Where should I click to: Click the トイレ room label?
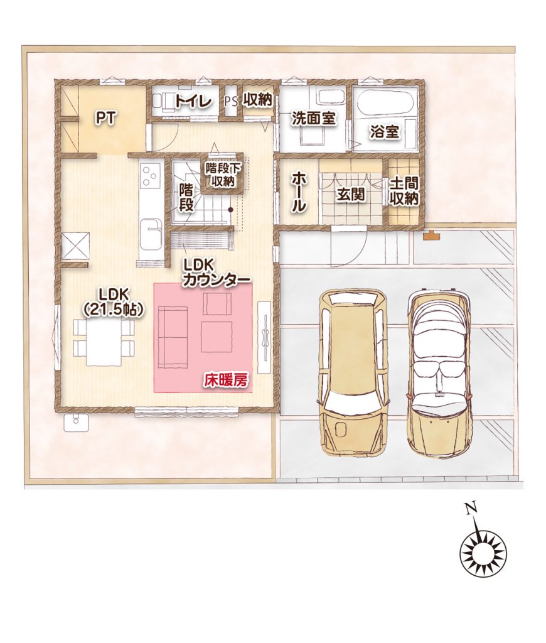point(193,102)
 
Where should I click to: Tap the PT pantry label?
point(106,118)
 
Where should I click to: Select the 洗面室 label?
point(314,119)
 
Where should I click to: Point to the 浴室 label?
point(384,132)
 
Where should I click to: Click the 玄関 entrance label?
point(350,195)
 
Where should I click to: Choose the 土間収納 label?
point(404,192)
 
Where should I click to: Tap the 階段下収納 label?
point(223,175)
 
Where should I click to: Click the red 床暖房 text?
point(226,381)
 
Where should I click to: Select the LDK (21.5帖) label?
point(114,302)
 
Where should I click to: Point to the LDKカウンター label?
point(217,273)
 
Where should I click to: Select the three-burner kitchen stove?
point(151,176)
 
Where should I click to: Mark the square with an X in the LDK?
point(75,246)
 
